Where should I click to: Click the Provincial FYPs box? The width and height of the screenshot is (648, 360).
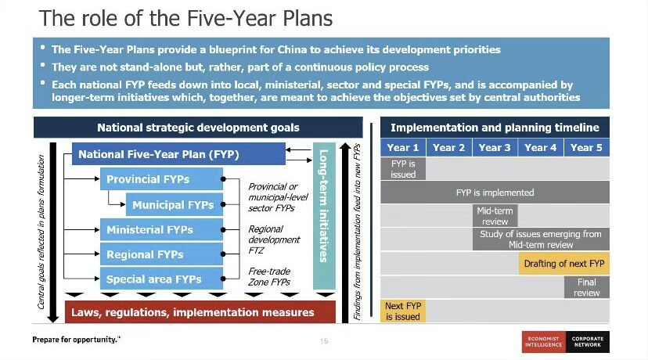(161, 179)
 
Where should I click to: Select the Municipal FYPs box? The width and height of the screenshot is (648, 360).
(175, 204)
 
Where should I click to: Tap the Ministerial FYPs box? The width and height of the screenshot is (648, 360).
(161, 229)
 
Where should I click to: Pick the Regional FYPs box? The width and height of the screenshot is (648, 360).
(161, 254)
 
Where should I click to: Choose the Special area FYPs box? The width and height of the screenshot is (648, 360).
(161, 279)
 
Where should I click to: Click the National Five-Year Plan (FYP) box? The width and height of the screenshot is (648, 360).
(178, 153)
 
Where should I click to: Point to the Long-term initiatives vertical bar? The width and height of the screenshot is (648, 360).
(324, 216)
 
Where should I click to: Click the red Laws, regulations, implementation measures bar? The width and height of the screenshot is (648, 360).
(200, 312)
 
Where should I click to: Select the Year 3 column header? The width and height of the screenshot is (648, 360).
(495, 148)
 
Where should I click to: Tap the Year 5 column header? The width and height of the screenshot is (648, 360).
(587, 148)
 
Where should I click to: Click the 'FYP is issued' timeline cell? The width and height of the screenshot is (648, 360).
(403, 168)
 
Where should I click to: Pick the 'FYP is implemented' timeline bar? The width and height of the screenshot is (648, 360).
(495, 193)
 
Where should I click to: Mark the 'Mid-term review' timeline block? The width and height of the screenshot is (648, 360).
(495, 216)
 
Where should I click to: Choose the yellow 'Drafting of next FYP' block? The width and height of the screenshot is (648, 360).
(564, 263)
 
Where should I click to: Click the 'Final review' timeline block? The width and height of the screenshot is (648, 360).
(587, 287)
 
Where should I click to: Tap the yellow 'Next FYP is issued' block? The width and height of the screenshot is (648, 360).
(403, 311)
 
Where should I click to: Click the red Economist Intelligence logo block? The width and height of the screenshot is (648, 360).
(544, 342)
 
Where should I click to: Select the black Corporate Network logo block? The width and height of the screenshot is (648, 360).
(588, 342)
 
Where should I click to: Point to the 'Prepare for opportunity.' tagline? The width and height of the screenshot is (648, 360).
(76, 340)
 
